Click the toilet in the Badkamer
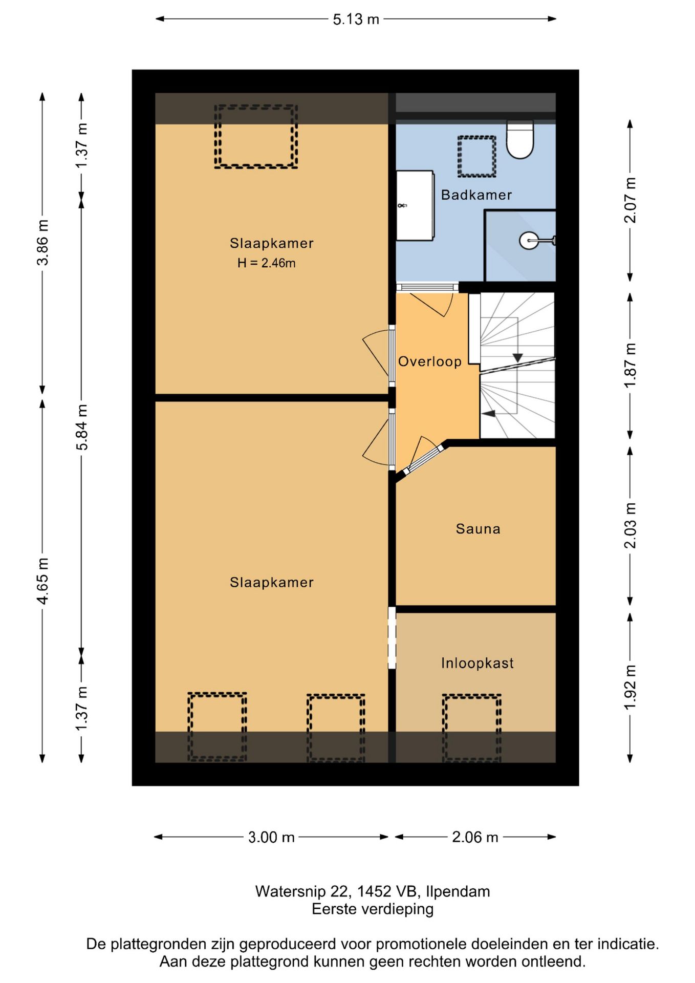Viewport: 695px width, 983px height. click(x=520, y=139)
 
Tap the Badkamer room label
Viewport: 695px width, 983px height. click(x=476, y=195)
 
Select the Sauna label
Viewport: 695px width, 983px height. click(x=478, y=529)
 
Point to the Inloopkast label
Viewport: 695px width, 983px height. click(x=477, y=663)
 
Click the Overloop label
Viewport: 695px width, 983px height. click(x=430, y=361)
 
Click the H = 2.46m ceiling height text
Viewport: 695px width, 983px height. click(x=266, y=263)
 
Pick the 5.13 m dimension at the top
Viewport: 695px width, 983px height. click(x=356, y=19)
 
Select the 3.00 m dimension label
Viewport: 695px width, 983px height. click(x=271, y=837)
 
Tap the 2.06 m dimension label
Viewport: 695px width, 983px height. click(x=475, y=837)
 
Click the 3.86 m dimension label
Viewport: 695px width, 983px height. click(x=43, y=243)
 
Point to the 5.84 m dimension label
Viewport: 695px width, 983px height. click(x=82, y=427)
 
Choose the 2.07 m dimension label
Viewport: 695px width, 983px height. click(x=630, y=200)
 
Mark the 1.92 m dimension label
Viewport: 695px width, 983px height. click(x=630, y=688)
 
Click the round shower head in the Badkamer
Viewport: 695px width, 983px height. click(x=529, y=240)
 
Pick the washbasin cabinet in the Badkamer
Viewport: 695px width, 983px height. click(x=415, y=205)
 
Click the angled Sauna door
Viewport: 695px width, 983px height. click(x=423, y=459)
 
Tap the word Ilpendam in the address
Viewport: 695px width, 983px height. click(x=458, y=891)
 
